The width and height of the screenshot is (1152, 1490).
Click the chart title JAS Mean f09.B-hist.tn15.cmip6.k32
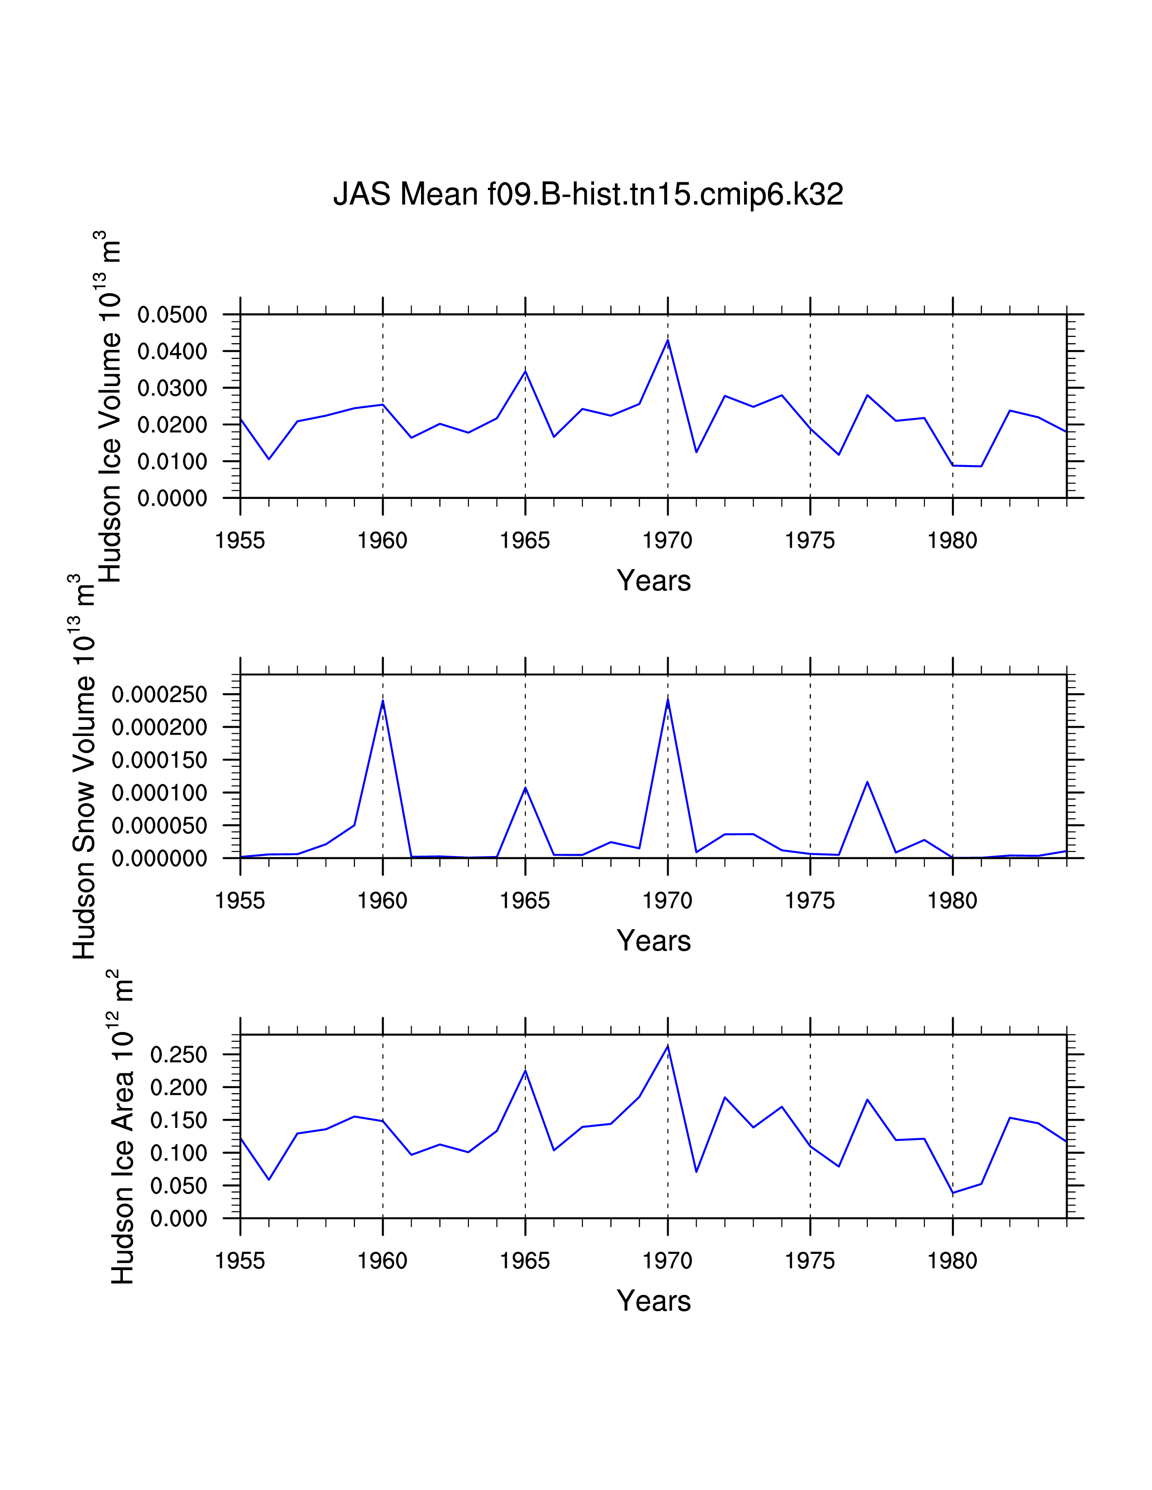click(x=588, y=195)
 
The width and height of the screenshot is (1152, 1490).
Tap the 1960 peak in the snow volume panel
click(x=383, y=701)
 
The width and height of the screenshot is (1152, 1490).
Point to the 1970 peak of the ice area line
click(x=667, y=1046)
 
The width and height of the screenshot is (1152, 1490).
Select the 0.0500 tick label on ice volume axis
click(x=172, y=315)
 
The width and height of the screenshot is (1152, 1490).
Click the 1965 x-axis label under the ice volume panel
click(x=525, y=541)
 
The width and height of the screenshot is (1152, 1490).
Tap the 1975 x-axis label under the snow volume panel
click(x=810, y=901)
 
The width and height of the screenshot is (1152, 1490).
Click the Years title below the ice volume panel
click(x=654, y=581)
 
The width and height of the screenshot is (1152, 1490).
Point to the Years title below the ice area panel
click(x=654, y=1301)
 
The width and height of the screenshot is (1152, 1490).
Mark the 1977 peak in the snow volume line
click(x=867, y=782)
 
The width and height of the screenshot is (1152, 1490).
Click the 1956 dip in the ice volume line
click(x=269, y=458)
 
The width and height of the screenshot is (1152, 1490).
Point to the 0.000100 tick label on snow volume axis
click(x=159, y=793)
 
